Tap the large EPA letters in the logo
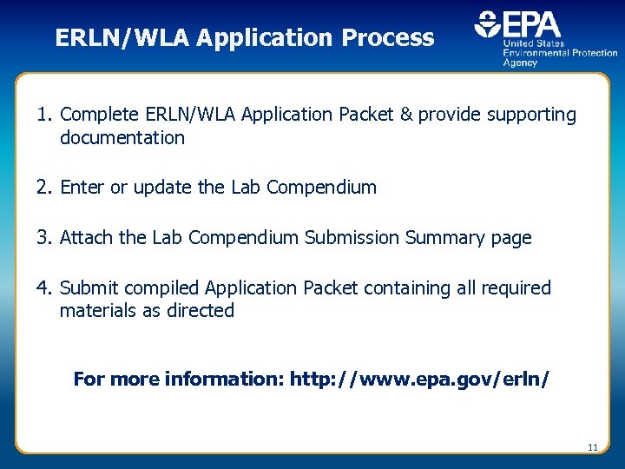pos(530,25)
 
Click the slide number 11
pos(593,447)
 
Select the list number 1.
pos(44,115)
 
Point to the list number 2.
pos(44,188)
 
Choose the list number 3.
pos(44,238)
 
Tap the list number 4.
pos(44,288)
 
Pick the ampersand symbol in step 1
pos(406,115)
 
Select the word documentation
pos(122,138)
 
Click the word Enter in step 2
pos(82,188)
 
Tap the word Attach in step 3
pos(85,238)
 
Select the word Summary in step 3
pos(444,238)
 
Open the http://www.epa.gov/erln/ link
pos(419,380)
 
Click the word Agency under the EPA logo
pos(520,63)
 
